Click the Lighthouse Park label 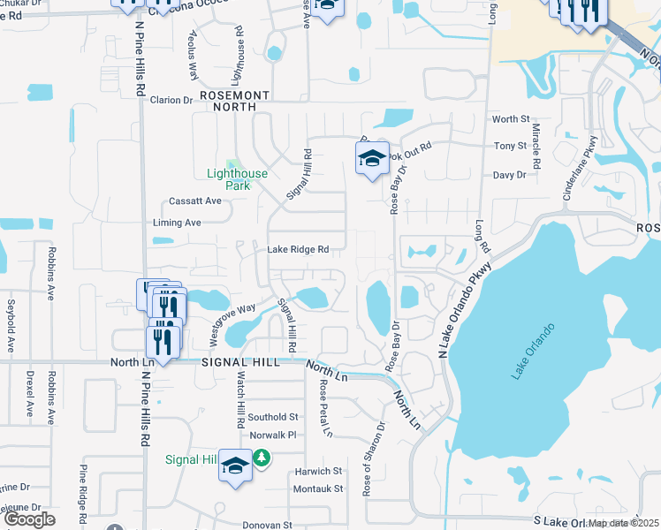238,179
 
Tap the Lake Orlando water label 532,352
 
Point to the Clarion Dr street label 171,100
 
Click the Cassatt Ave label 195,201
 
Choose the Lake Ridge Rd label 299,250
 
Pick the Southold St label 273,417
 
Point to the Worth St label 510,119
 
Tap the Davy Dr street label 509,175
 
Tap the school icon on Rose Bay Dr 373,160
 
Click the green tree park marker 261,458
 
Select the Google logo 29,519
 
